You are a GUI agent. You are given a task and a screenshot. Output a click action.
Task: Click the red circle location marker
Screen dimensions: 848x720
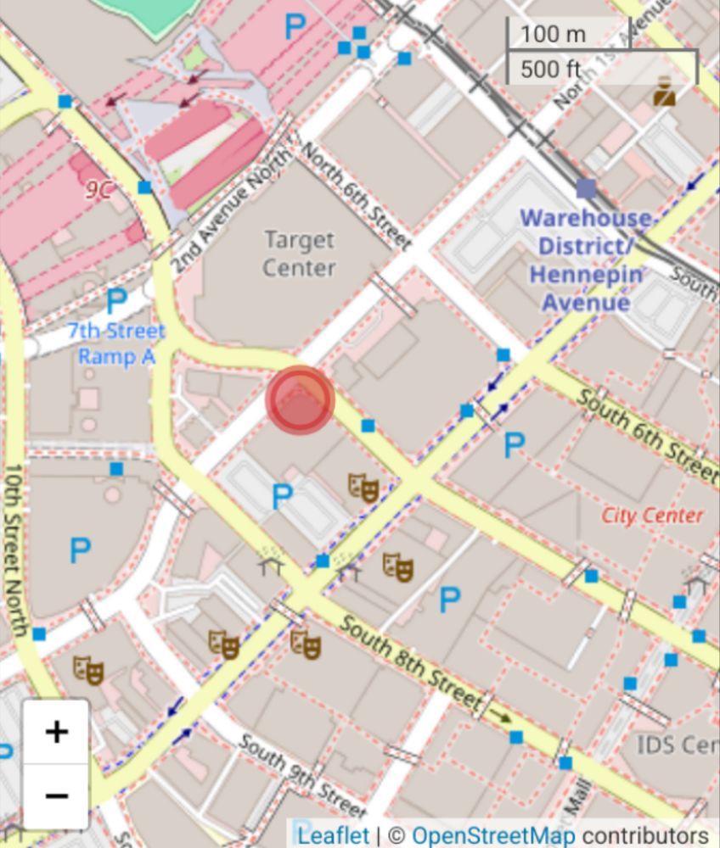(300, 400)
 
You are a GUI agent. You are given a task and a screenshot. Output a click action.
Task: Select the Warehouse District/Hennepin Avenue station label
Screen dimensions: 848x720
(586, 260)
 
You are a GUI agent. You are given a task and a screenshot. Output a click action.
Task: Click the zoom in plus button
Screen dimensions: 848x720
(56, 732)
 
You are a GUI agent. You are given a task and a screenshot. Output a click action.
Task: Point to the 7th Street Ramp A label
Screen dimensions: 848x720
(116, 343)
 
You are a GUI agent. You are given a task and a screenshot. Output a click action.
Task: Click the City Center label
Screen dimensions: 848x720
(652, 516)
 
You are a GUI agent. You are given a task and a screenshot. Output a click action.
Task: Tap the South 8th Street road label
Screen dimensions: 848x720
(412, 661)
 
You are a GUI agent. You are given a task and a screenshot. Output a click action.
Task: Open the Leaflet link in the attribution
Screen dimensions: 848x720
(333, 835)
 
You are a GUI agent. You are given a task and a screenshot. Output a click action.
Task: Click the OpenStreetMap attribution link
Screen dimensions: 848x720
(492, 835)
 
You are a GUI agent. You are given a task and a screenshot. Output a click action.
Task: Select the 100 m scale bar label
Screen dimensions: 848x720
(553, 35)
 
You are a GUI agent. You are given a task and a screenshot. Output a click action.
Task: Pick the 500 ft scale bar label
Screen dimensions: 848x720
(551, 69)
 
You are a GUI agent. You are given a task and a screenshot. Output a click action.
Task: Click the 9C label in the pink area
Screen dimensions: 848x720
(98, 189)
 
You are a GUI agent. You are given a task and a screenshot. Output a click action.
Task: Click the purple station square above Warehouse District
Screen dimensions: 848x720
(586, 188)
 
